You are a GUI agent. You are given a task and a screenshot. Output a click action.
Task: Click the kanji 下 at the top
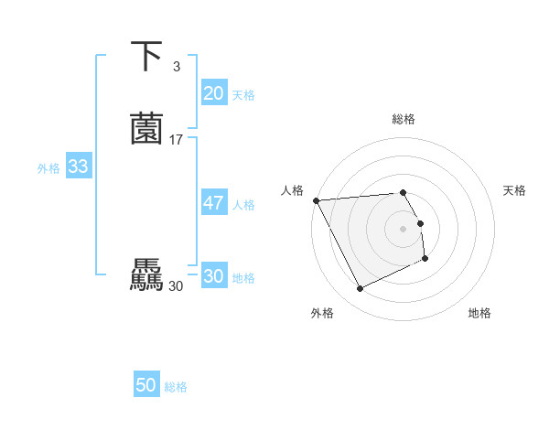[x=147, y=57]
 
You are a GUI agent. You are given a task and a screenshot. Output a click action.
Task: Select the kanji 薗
[x=147, y=129]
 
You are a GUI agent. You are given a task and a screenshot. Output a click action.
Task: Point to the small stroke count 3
[x=176, y=66]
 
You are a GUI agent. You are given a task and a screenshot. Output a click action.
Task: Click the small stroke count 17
[x=177, y=139]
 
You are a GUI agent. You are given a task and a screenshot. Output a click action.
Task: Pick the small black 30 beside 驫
[x=177, y=285]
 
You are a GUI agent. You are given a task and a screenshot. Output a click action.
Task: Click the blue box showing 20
[x=213, y=93]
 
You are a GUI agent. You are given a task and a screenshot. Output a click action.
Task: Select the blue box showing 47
[x=213, y=203]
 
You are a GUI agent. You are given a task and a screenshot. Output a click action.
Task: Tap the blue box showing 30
[x=213, y=276]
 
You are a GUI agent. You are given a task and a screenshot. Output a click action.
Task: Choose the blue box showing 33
[x=78, y=167]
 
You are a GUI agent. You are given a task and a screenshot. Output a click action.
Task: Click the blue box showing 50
[x=146, y=386]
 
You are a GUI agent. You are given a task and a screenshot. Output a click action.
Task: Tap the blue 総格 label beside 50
[x=176, y=387]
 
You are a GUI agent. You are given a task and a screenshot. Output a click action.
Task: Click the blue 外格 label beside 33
[x=48, y=168]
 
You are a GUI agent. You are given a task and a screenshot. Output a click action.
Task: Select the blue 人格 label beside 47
[x=243, y=205]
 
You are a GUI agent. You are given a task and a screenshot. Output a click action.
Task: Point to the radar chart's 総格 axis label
[x=403, y=120]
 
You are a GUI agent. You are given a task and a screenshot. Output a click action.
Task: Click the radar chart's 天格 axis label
[x=514, y=190]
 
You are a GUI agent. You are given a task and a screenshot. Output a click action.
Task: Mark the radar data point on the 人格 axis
[x=316, y=200]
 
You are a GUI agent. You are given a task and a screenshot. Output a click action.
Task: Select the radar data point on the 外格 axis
[x=360, y=289]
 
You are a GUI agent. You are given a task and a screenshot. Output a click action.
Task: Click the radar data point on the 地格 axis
[x=425, y=260]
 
